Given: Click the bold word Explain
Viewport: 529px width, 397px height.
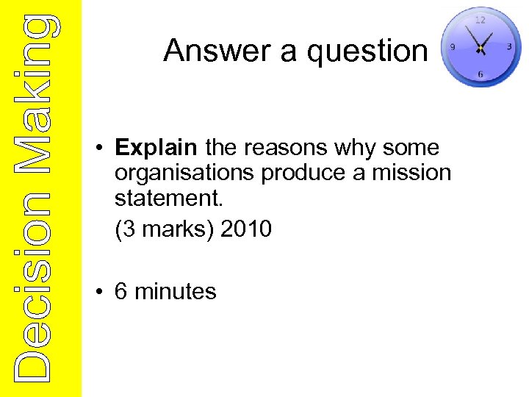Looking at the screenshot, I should coord(156,148).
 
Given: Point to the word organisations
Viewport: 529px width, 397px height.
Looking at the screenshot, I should coord(185,174).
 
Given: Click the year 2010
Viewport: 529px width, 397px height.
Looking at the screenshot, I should coord(245,229).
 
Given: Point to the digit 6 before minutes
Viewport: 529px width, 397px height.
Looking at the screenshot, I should coord(121,292).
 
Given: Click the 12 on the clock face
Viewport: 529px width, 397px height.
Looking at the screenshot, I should coord(480,20).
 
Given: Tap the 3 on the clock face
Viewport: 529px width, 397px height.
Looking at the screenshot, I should coord(509,46).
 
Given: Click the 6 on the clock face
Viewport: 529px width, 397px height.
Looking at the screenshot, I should coord(480,74).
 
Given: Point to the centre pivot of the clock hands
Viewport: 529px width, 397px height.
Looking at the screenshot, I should coord(480,49).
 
